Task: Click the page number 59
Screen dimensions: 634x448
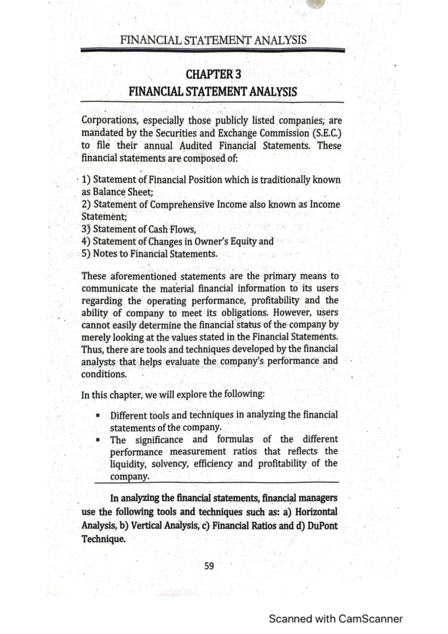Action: pos(209,566)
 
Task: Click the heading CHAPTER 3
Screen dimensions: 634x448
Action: pos(213,74)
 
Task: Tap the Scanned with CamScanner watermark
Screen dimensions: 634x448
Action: pos(335,619)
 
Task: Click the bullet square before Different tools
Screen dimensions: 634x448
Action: pos(97,415)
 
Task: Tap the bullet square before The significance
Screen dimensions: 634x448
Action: pos(97,440)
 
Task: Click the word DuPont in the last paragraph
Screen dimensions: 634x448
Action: pos(322,526)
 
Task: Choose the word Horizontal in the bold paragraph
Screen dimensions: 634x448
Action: pos(316,512)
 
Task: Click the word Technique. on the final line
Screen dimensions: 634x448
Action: pos(103,539)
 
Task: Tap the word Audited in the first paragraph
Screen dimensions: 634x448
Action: pos(196,146)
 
